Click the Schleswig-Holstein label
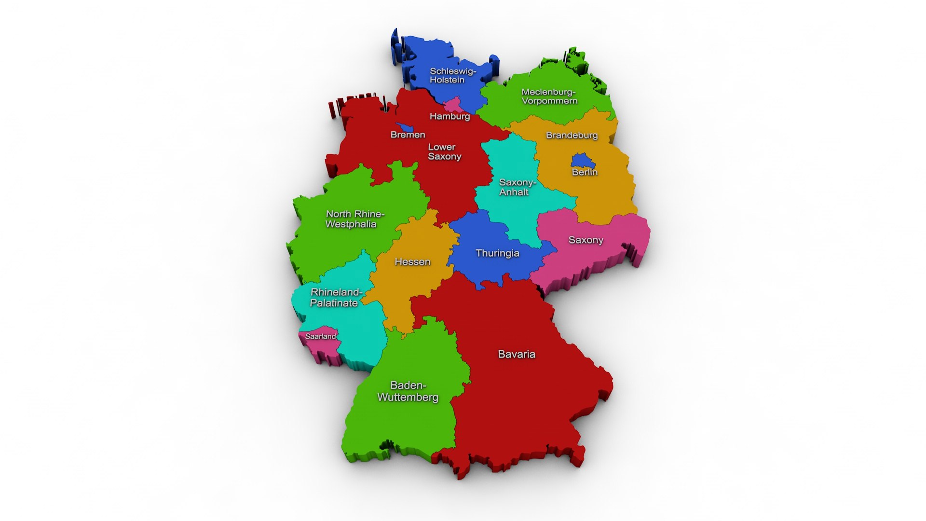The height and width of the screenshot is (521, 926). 452,76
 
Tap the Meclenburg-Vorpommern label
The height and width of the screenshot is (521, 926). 549,96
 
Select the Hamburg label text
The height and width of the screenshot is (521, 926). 449,116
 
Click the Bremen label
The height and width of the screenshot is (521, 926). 408,135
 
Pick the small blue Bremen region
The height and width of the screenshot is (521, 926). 404,127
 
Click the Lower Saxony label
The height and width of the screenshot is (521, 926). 444,152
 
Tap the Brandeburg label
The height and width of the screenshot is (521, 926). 572,135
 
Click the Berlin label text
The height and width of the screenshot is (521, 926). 585,172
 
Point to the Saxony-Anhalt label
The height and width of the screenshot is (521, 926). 517,187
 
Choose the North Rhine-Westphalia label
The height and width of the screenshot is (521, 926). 354,219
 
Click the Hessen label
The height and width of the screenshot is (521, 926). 412,262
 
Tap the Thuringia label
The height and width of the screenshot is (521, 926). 497,253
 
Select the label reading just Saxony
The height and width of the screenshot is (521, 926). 586,240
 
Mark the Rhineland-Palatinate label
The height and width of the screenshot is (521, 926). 335,298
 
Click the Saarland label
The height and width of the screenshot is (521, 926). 320,336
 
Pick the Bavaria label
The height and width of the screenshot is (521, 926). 517,355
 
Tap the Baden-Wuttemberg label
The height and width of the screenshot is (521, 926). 408,391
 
